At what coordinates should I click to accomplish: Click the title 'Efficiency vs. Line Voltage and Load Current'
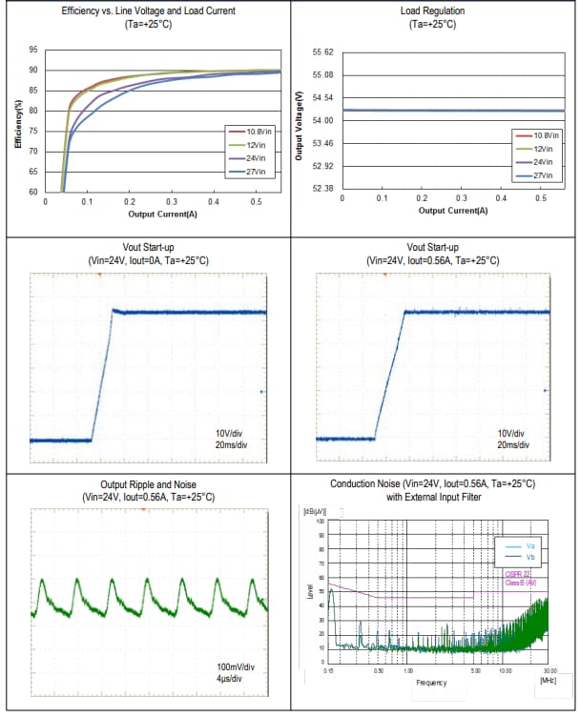point(148,10)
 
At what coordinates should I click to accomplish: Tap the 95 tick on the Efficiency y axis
point(33,50)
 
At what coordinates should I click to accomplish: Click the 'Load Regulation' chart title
point(434,10)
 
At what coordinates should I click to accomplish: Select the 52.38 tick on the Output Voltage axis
point(322,189)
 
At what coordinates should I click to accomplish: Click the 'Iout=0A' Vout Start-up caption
point(148,260)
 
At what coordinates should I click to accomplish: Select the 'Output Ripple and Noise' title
point(148,485)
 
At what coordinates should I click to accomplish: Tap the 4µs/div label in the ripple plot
point(229,678)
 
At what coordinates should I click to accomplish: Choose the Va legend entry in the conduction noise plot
point(530,545)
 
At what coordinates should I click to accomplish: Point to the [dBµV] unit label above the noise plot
point(314,512)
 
